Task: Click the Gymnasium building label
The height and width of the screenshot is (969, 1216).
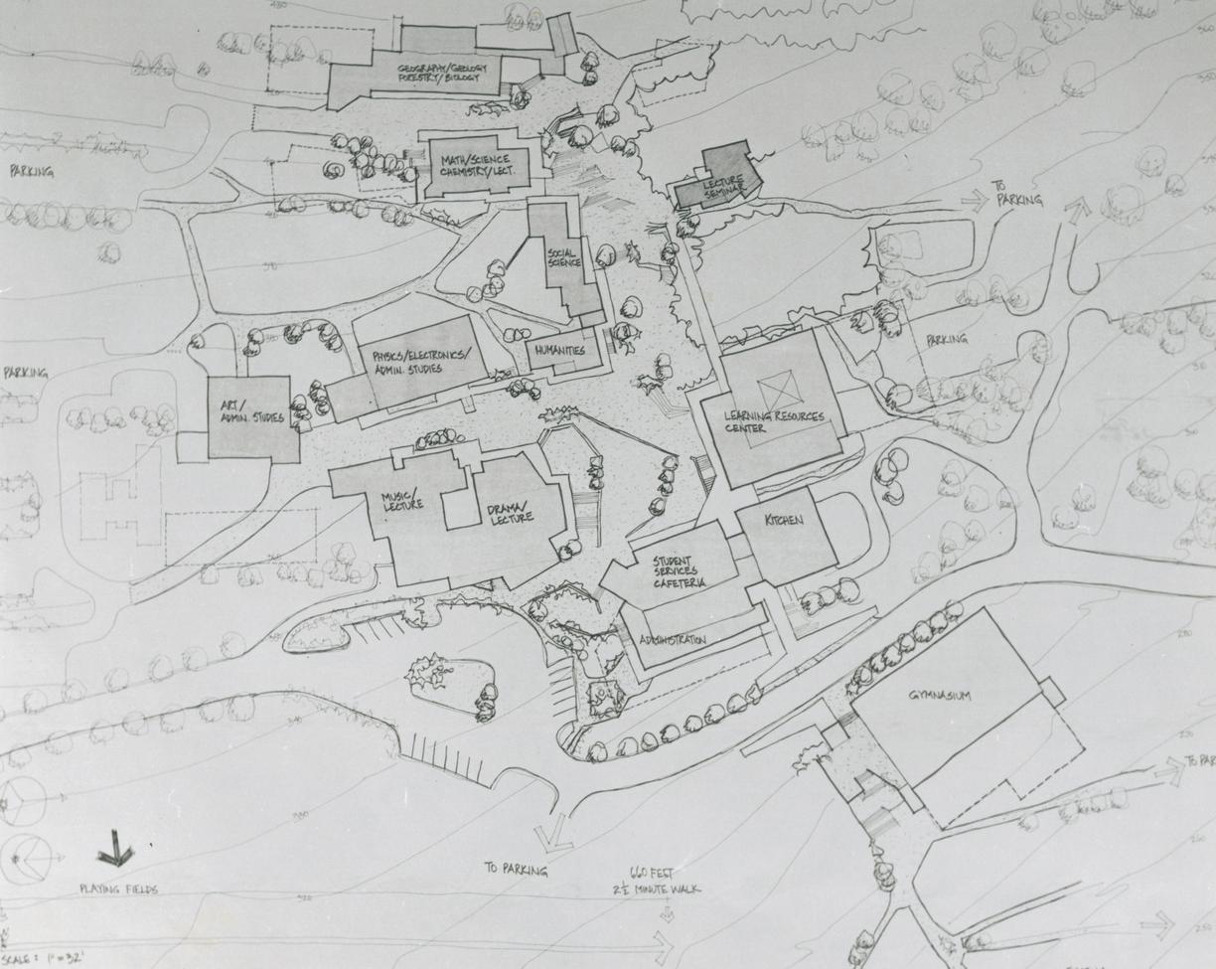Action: tap(939, 696)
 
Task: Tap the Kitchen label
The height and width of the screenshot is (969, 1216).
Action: tap(784, 521)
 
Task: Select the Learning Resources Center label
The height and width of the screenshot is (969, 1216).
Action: tap(774, 421)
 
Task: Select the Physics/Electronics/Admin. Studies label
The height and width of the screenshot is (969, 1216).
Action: tap(421, 362)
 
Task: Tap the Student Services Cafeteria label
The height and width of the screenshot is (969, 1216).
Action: tap(680, 572)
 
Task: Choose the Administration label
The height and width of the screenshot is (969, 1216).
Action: tap(673, 639)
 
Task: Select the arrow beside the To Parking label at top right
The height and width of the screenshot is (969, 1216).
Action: tap(975, 200)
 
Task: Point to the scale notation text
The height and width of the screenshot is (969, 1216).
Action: tap(38, 960)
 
